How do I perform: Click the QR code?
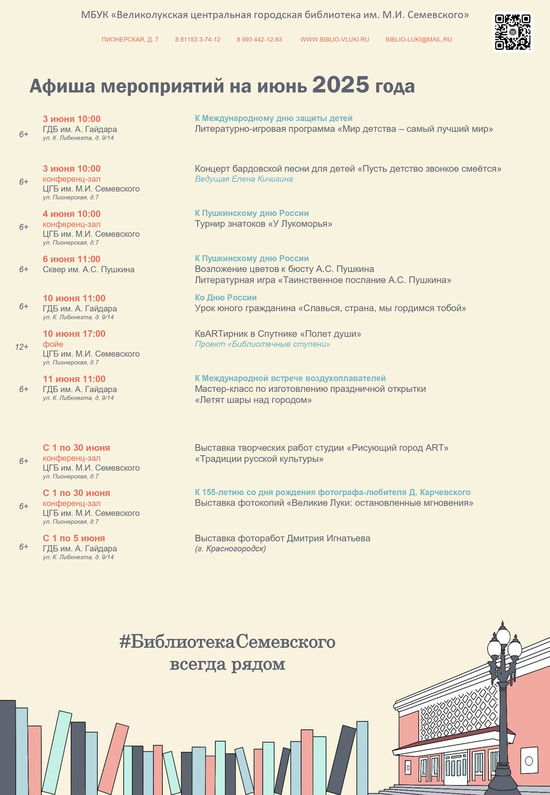pos(512,32)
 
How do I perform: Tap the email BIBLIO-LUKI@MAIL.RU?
pos(418,40)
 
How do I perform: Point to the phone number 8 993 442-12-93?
pos(259,40)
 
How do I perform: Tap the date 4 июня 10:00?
pos(72,214)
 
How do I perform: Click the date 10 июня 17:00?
pos(74,334)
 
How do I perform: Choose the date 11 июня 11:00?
pos(74,379)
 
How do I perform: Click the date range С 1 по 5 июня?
pos(74,538)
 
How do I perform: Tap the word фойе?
pos(53,344)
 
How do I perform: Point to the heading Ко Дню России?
pos(226,297)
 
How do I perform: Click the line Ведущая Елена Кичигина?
pos(244,179)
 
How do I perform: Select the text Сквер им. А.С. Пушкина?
pos(88,270)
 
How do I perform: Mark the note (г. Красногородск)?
pos(230,548)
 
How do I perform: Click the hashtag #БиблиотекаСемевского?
pos(227,642)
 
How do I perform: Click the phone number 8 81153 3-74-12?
pos(198,40)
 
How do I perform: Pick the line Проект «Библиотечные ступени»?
pos(262,344)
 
